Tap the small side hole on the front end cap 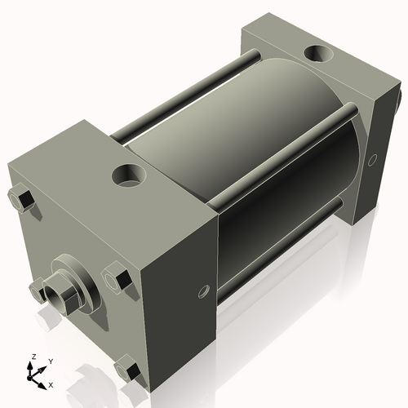pos(203,290)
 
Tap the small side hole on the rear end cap pos(374,159)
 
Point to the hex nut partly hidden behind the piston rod pos(38,286)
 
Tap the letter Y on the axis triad pos(50,361)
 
